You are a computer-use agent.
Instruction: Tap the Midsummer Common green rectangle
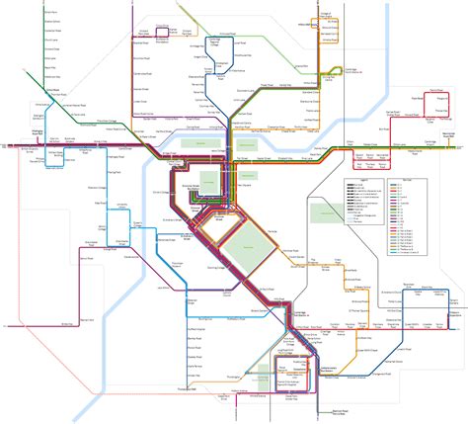[x=254, y=143]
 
